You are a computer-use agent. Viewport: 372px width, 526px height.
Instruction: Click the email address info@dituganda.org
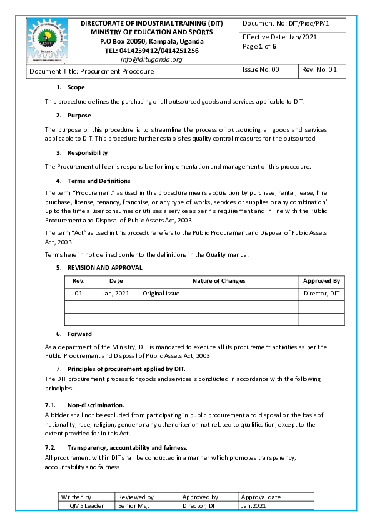pos(151,59)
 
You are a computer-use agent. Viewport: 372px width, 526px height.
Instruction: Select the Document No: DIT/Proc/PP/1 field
pos(285,23)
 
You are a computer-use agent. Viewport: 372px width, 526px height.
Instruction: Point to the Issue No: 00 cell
pos(261,70)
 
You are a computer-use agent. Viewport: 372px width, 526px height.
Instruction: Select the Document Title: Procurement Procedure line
pos(91,71)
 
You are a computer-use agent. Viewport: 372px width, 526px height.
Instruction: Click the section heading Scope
pos(76,87)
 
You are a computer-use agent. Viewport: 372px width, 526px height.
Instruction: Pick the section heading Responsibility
pos(87,152)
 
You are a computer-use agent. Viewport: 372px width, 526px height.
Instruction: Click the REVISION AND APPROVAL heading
pos(104,267)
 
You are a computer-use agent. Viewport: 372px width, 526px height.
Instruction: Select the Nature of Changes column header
pos(218,281)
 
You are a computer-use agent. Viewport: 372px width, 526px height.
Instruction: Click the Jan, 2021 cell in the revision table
pos(116,294)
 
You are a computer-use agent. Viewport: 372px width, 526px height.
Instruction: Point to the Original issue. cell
pos(162,294)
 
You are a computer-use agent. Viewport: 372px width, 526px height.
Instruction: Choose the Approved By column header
pos(321,281)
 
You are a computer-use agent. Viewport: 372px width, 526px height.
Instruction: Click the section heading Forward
pos(79,334)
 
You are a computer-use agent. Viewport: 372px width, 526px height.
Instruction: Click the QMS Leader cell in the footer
pos(86,505)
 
